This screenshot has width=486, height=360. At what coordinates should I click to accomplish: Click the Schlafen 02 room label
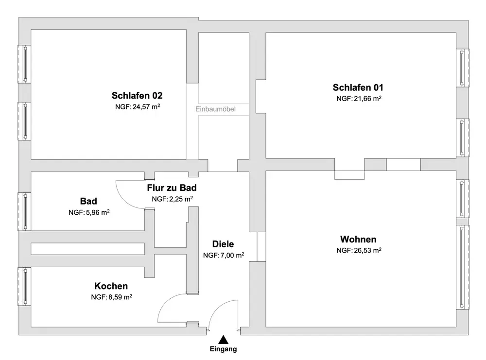coord(137,95)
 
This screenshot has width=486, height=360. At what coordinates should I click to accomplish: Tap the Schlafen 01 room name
coord(358,87)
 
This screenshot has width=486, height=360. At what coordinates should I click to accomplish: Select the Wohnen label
coord(358,239)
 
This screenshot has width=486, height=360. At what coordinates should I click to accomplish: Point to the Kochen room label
coord(111,286)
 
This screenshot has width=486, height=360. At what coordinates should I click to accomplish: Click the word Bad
coord(88,201)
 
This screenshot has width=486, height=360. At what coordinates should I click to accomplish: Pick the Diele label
coord(223,244)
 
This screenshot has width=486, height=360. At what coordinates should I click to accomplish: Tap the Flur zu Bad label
coord(172,188)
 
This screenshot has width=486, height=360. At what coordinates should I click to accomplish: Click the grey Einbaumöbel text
coord(215,109)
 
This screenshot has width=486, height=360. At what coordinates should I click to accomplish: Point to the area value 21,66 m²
coord(367,99)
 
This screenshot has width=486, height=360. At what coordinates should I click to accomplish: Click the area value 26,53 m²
coord(367,250)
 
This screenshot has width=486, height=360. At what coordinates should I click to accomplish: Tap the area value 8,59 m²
coord(120,297)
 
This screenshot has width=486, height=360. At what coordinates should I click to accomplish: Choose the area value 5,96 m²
coord(98,212)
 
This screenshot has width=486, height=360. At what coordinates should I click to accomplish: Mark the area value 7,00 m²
coord(232,255)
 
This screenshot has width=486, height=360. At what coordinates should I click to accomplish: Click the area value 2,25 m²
coord(181,199)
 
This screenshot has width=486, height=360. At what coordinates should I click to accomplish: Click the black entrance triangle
coord(223,340)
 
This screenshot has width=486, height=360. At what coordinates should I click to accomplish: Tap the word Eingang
coord(223,349)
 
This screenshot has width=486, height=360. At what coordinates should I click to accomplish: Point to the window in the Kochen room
coord(24,286)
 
